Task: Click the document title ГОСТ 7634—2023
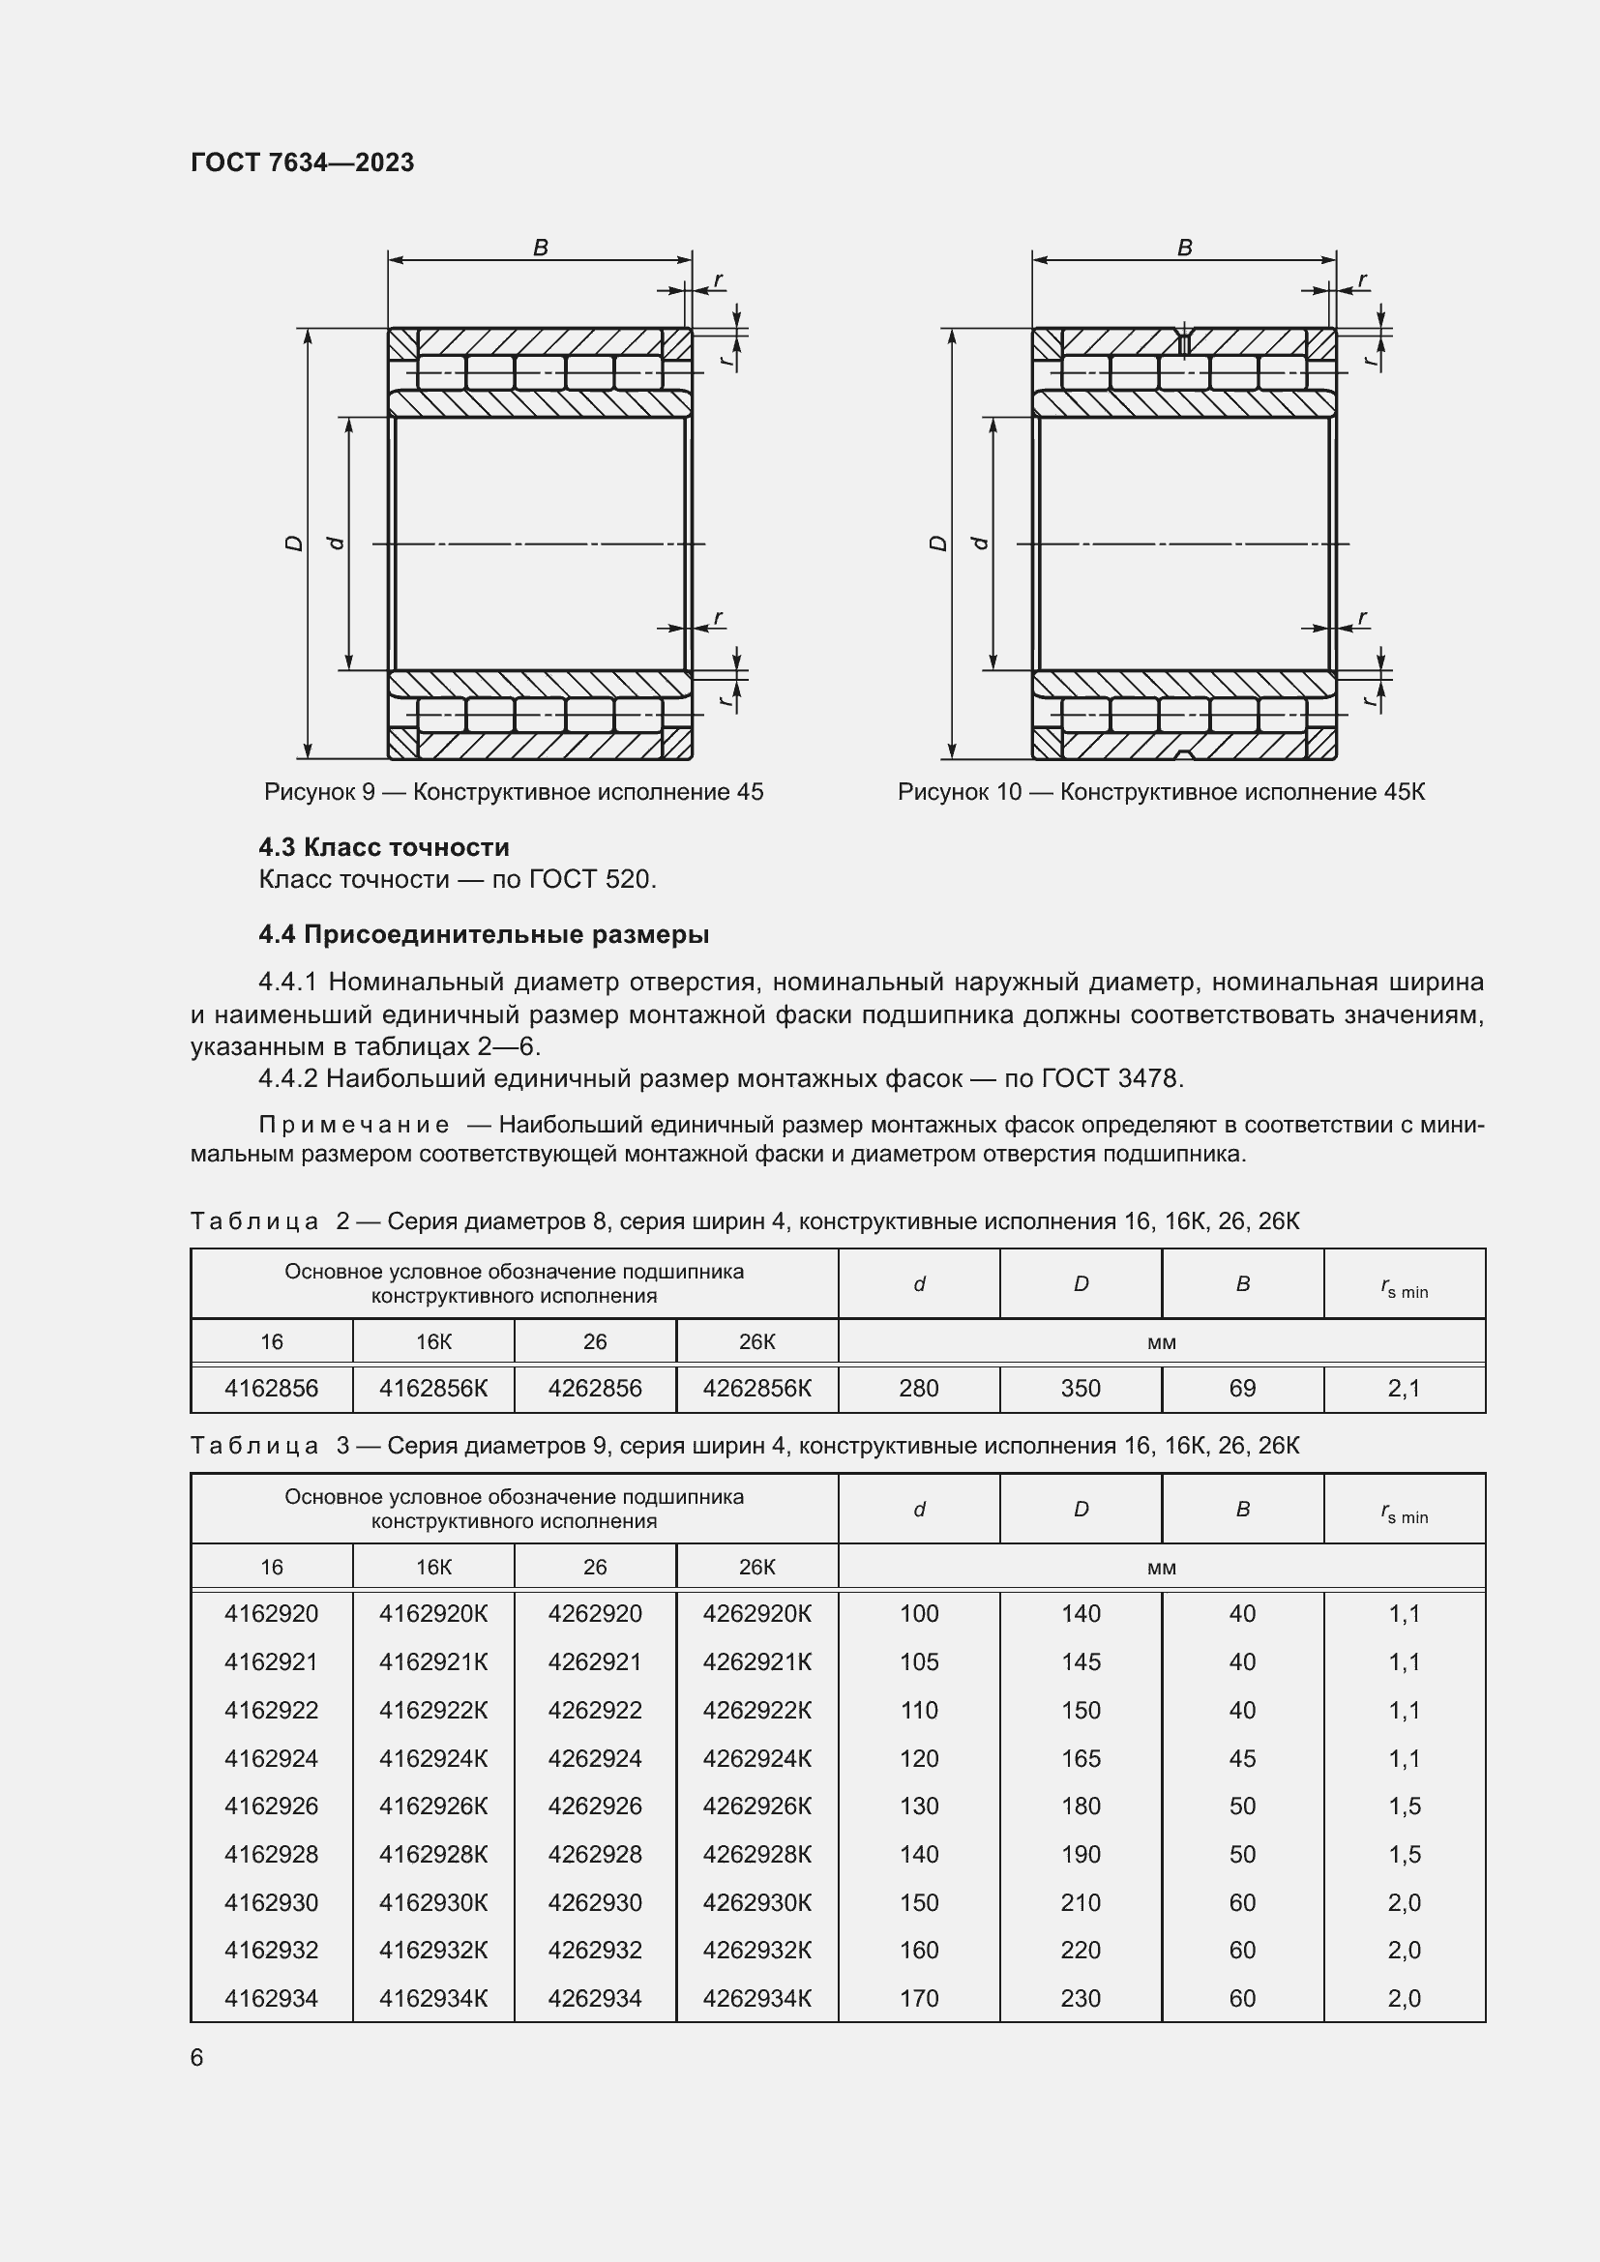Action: tap(303, 162)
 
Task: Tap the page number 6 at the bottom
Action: tap(197, 2057)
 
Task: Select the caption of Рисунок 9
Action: tap(514, 792)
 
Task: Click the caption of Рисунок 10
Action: tap(1161, 792)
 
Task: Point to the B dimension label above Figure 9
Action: tap(540, 248)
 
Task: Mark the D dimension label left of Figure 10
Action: tap(939, 543)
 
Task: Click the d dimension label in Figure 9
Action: tap(336, 543)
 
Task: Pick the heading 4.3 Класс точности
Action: tap(384, 847)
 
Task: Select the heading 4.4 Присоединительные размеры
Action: tap(484, 934)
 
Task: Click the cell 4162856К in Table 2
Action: tap(433, 1388)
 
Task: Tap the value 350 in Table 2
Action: tap(1081, 1388)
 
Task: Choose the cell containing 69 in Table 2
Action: tap(1242, 1388)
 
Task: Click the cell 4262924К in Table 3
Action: tap(756, 1758)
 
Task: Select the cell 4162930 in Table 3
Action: tap(272, 1902)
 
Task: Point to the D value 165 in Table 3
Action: tap(1081, 1758)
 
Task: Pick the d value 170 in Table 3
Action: tap(919, 1998)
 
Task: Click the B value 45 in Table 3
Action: tap(1242, 1758)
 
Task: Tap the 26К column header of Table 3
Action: tap(756, 1568)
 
